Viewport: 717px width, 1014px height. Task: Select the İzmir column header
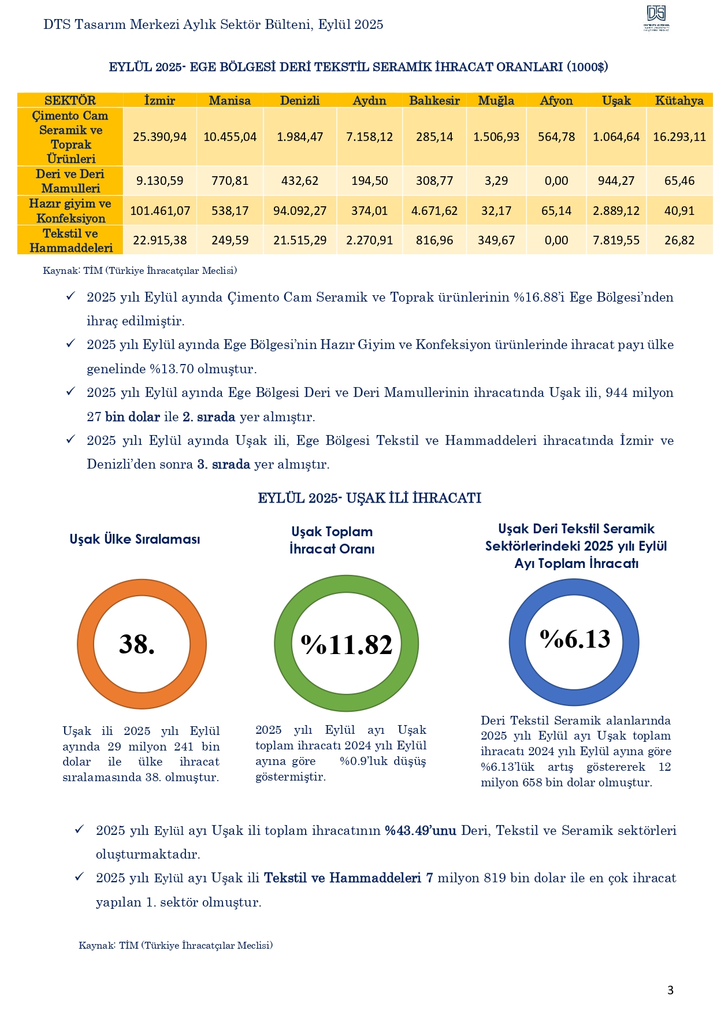tap(159, 101)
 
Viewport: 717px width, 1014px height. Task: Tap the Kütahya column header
tap(679, 101)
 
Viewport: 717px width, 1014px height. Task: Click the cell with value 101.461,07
tap(160, 211)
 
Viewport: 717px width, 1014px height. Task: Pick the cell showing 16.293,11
tap(679, 137)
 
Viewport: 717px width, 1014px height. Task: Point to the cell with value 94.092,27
tap(300, 211)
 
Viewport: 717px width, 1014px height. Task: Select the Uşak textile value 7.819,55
tap(616, 240)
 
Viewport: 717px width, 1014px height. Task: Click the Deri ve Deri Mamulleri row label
tap(70, 181)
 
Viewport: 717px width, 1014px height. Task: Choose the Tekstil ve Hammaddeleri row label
tap(70, 240)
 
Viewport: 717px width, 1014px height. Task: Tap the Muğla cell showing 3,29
tap(496, 181)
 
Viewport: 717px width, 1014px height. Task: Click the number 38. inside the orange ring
tap(138, 644)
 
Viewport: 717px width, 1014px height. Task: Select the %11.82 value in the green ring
tap(347, 644)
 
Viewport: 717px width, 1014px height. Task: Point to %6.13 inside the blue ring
tap(575, 639)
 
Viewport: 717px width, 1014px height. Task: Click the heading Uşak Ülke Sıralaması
tap(135, 539)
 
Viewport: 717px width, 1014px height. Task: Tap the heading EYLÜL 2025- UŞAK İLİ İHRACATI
tap(369, 498)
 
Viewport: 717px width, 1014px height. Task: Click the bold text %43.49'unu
tap(421, 830)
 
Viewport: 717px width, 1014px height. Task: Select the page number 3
tap(670, 990)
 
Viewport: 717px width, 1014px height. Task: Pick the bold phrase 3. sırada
tap(224, 464)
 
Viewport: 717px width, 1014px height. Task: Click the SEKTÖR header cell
tap(70, 101)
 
